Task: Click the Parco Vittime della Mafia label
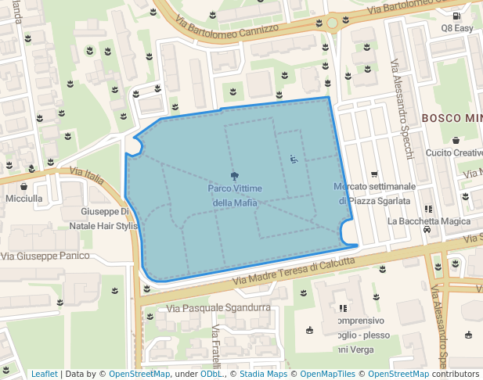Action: click(235, 195)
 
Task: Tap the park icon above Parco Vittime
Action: click(235, 176)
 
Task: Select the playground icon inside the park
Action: click(294, 160)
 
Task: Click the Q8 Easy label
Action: click(457, 28)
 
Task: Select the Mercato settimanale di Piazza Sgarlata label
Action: click(374, 193)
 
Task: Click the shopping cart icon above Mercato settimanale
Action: click(374, 174)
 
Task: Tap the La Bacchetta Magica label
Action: click(428, 221)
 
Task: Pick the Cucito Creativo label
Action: click(455, 152)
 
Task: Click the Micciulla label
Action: click(24, 199)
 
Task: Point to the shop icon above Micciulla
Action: click(24, 187)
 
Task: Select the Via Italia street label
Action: click(86, 174)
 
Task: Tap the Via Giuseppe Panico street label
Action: click(45, 256)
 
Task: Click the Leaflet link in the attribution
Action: click(45, 374)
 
